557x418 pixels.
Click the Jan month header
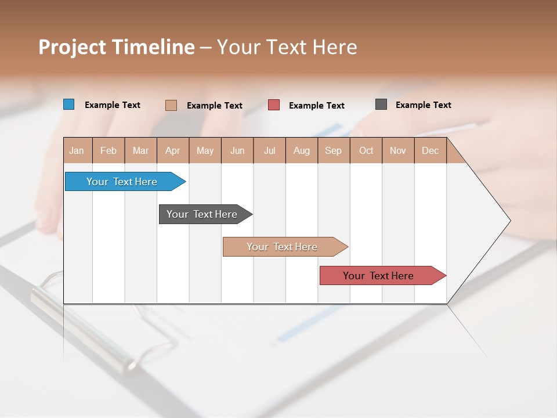coord(77,151)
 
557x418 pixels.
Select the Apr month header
coord(173,151)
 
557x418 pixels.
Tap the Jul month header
coord(269,151)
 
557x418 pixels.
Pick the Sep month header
coord(333,151)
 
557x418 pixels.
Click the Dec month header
coord(430,151)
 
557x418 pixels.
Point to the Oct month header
coord(366,151)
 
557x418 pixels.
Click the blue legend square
coord(69,105)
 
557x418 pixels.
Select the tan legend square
coord(171,105)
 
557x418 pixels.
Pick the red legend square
coord(274,105)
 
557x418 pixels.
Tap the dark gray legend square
coord(381,105)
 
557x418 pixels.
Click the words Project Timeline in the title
coord(116,47)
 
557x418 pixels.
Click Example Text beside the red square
coord(317,106)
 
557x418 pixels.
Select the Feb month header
coord(108,151)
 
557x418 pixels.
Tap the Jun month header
coord(237,151)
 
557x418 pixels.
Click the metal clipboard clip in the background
coord(87,325)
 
